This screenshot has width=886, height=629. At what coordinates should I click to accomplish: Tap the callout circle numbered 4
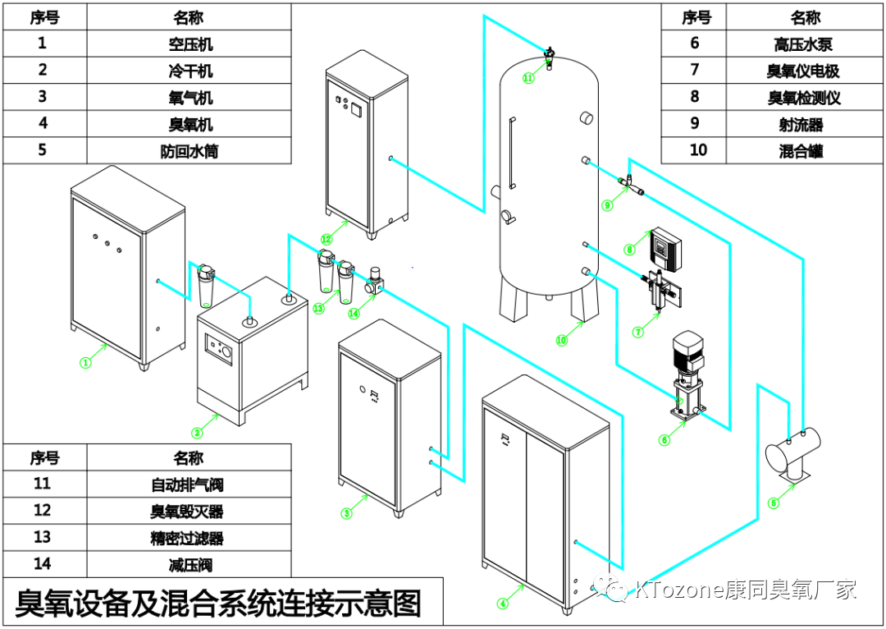[503, 604]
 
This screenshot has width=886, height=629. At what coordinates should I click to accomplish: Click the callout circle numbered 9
[607, 205]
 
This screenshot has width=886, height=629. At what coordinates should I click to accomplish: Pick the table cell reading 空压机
[190, 44]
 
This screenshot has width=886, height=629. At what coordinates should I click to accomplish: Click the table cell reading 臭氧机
[190, 124]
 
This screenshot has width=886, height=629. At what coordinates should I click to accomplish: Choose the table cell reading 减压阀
[190, 564]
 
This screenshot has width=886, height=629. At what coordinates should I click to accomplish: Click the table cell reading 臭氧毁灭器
[190, 511]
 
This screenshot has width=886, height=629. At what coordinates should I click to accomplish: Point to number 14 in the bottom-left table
[43, 564]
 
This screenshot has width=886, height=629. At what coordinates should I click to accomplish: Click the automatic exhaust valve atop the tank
[550, 57]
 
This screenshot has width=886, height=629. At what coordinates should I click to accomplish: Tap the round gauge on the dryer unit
[225, 353]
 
